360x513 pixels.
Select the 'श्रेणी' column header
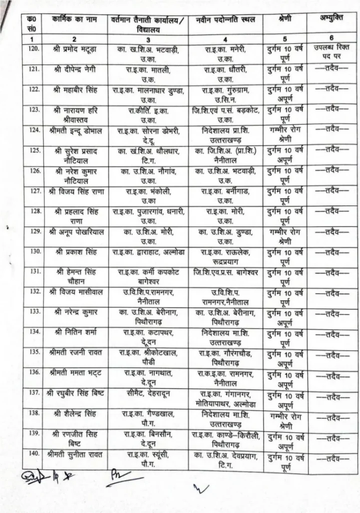click(283, 20)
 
